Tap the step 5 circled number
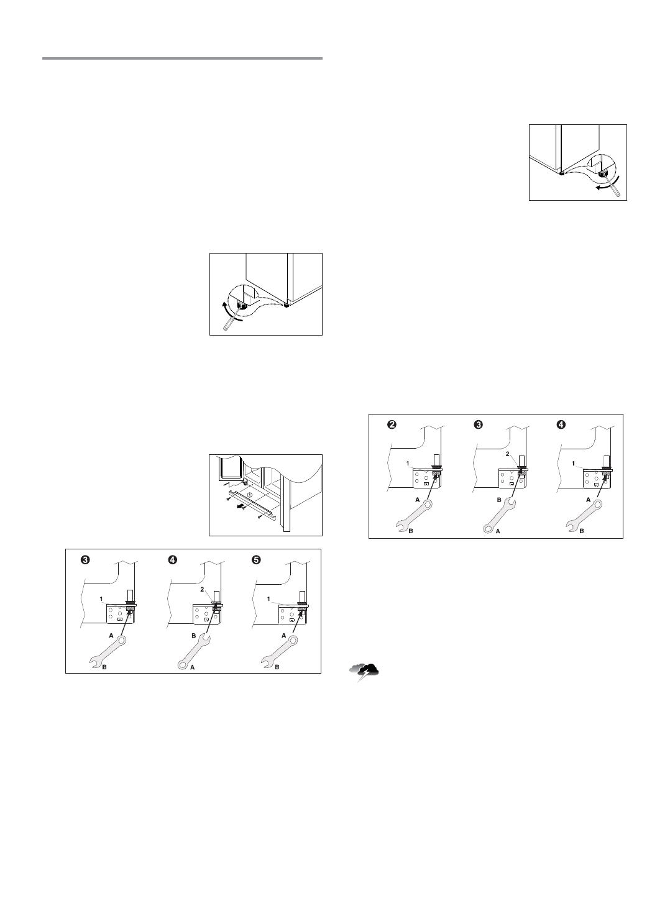255,560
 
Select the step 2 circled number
392,425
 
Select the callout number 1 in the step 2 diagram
406,464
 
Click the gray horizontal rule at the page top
182,58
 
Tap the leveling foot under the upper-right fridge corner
561,173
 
